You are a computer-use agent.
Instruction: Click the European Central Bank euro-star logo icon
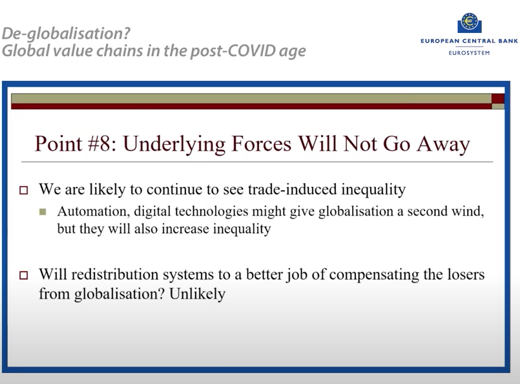pyautogui.click(x=469, y=23)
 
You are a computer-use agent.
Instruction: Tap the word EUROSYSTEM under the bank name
pyautogui.click(x=469, y=52)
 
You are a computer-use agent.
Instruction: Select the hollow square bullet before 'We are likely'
pyautogui.click(x=25, y=191)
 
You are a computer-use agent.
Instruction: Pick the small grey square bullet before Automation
pyautogui.click(x=43, y=211)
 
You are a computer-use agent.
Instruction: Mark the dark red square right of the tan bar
pyautogui.click(x=497, y=98)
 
